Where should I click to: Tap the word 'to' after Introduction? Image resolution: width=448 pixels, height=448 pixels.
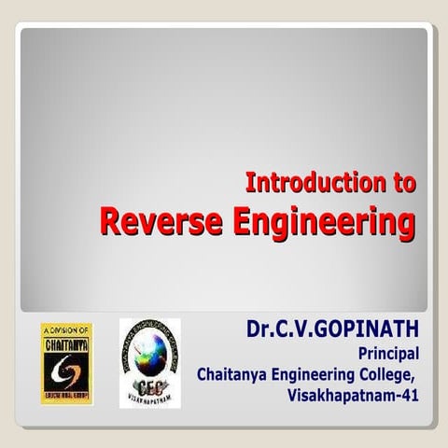tap(403, 183)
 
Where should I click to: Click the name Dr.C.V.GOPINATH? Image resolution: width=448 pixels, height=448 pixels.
tap(333, 329)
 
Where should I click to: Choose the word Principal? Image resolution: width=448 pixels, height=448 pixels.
tap(389, 353)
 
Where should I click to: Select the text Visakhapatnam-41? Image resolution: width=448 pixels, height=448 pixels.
tap(355, 395)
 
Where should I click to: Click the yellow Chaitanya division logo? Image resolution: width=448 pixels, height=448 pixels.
tap(65, 363)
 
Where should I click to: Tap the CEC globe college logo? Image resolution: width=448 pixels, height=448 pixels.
tap(149, 362)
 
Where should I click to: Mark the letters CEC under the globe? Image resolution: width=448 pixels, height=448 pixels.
tap(148, 385)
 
